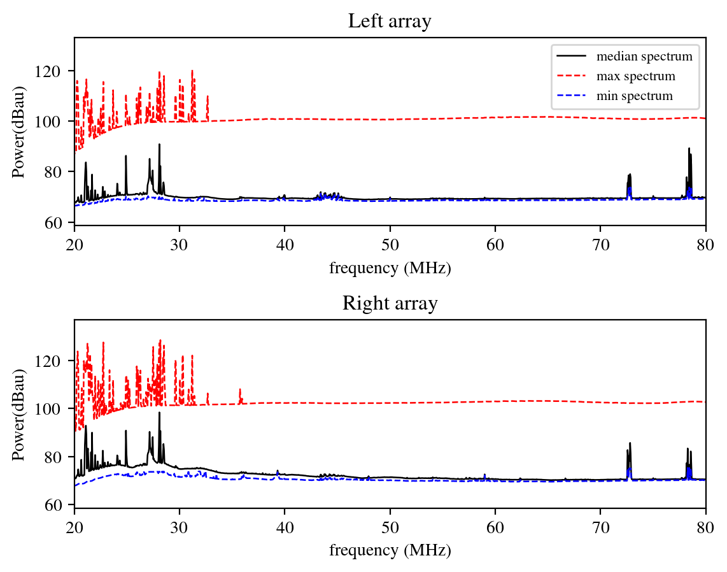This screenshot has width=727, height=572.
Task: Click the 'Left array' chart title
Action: tap(390, 22)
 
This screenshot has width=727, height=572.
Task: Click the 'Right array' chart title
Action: tap(390, 304)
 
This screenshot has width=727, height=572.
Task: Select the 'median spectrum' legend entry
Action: tap(644, 57)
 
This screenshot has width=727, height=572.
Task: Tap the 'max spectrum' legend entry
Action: tap(635, 76)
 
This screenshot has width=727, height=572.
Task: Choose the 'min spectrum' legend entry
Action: tap(634, 97)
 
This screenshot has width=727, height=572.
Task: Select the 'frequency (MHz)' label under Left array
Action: tap(390, 268)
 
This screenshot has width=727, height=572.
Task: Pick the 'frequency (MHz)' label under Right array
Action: tap(390, 550)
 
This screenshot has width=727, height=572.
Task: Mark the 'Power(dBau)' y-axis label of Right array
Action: tap(20, 414)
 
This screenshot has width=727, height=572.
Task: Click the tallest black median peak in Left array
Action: tap(159, 145)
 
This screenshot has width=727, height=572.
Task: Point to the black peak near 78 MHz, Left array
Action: tap(689, 150)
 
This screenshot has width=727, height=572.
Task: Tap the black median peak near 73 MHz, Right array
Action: tap(630, 444)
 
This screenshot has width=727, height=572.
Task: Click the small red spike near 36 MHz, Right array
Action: tap(240, 390)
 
